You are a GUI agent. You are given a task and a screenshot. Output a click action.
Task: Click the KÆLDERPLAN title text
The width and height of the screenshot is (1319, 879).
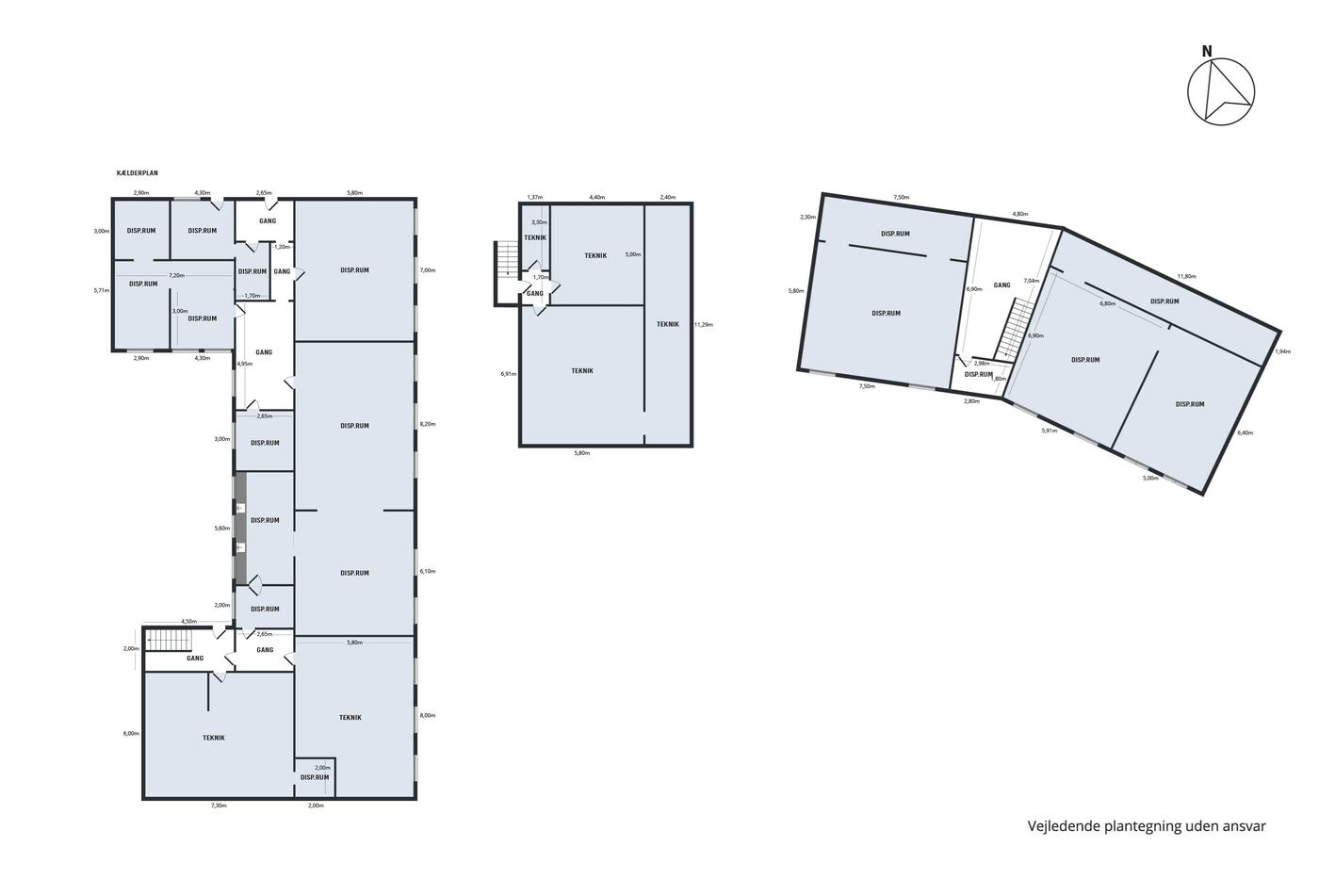(x=138, y=173)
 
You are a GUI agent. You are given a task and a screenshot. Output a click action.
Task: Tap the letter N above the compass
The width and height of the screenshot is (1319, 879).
(x=1207, y=52)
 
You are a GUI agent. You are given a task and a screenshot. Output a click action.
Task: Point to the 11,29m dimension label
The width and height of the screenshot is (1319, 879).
(x=704, y=324)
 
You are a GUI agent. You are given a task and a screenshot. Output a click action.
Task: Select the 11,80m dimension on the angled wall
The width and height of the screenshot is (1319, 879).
(x=1186, y=276)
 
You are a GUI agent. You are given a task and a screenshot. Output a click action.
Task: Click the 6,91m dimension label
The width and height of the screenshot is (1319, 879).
(x=508, y=374)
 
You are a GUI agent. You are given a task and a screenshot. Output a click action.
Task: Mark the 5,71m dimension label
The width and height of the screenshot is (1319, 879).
(x=102, y=290)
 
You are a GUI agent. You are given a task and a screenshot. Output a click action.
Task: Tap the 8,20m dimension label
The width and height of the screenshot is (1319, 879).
(x=428, y=424)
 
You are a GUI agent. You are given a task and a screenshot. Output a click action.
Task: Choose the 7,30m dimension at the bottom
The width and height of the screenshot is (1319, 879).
(x=219, y=806)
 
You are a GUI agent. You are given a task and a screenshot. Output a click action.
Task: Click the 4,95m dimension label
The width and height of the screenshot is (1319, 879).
(x=244, y=364)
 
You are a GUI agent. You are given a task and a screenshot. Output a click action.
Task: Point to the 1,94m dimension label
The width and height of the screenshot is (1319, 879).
(x=1282, y=351)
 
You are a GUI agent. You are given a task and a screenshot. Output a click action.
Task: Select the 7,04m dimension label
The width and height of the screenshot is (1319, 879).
(x=1031, y=281)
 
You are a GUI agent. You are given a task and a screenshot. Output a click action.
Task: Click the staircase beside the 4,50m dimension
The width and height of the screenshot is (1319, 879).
(x=169, y=640)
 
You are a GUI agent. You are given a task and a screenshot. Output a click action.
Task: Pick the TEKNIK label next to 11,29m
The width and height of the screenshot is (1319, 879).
(x=668, y=324)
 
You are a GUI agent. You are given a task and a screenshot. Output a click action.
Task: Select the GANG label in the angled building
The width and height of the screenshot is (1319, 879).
(x=1001, y=285)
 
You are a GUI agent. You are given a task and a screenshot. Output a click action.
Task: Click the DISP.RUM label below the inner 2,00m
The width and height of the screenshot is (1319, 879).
(x=315, y=777)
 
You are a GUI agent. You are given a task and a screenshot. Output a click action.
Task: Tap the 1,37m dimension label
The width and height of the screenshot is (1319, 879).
(x=535, y=197)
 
